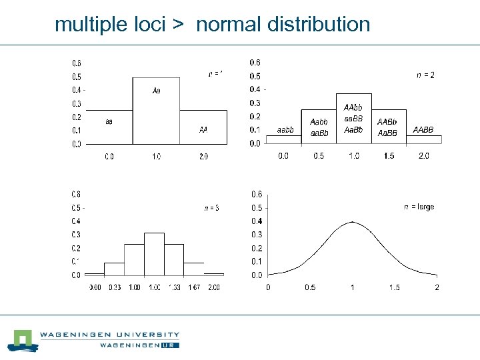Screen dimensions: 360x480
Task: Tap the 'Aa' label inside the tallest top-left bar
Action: click(x=156, y=90)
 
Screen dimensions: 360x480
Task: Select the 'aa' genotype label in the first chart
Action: click(x=109, y=122)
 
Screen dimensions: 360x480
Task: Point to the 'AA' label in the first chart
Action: click(x=203, y=129)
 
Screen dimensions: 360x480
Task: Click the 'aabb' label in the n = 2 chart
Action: click(x=285, y=130)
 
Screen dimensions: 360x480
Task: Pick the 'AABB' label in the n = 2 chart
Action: click(x=423, y=129)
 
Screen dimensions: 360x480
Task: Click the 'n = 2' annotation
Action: click(x=425, y=75)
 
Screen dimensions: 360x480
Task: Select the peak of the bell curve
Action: click(x=353, y=222)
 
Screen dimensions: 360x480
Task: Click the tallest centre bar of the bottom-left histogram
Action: click(x=154, y=253)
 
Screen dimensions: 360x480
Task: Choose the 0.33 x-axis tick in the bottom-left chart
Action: click(x=115, y=287)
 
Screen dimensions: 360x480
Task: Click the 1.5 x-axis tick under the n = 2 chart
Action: click(x=389, y=156)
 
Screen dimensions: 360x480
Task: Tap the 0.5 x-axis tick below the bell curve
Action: click(x=310, y=287)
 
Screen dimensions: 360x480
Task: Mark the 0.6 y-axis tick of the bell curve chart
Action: click(x=257, y=194)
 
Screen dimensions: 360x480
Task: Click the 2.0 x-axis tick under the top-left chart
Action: click(x=203, y=157)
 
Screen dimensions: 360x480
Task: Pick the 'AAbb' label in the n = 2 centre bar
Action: click(x=353, y=107)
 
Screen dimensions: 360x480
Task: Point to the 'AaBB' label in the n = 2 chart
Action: click(x=387, y=133)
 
